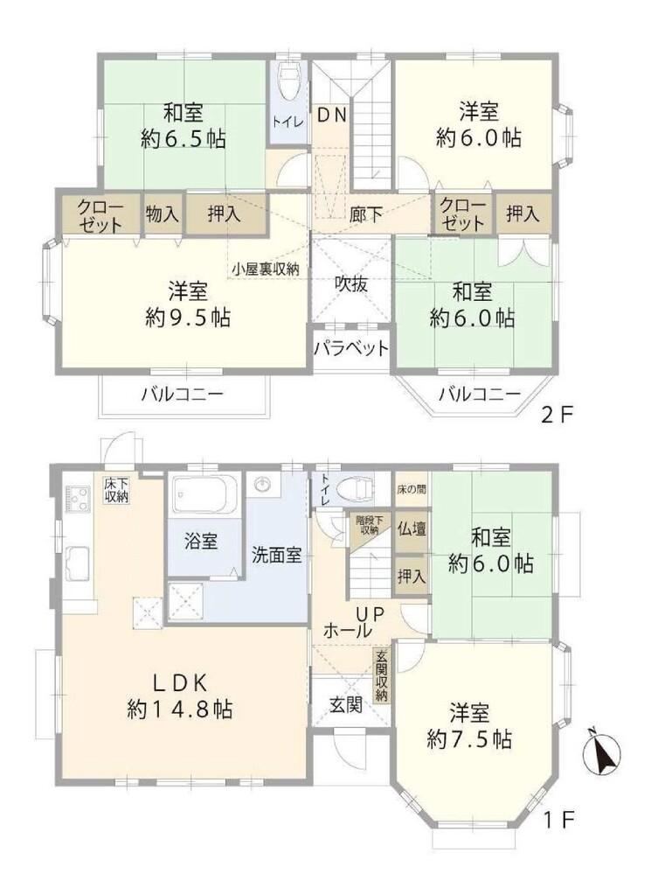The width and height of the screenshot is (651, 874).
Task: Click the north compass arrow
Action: (601, 756)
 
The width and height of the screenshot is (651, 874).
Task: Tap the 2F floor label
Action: (557, 416)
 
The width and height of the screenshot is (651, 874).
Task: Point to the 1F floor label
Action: (558, 819)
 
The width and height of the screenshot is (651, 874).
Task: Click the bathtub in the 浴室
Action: (204, 493)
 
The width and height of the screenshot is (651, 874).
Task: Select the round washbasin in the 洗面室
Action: (262, 485)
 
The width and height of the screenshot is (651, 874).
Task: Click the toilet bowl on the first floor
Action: (355, 490)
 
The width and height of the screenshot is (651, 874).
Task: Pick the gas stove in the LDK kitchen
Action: (78, 499)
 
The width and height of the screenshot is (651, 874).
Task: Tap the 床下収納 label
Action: (116, 490)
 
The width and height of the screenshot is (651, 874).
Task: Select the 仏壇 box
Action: (412, 529)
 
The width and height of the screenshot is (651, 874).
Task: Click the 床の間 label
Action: (412, 489)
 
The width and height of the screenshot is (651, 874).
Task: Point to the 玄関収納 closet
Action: (382, 675)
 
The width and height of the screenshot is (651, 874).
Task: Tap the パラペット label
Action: (350, 349)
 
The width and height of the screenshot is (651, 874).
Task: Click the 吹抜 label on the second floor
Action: (350, 283)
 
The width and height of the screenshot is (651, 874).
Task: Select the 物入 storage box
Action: (163, 213)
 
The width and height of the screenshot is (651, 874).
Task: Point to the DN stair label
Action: (332, 115)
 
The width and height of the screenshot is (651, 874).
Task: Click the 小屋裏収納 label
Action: (266, 269)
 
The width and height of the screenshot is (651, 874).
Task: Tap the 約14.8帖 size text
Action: (180, 710)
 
